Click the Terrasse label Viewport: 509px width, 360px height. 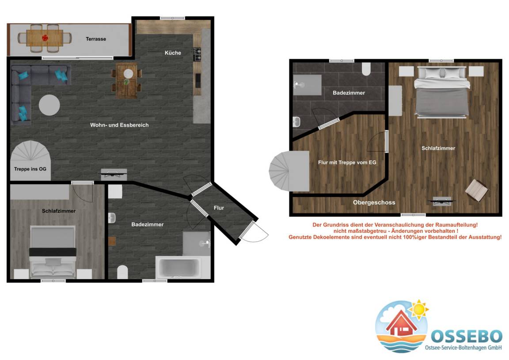pyautogui.click(x=96, y=39)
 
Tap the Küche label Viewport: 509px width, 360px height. pyautogui.click(x=173, y=53)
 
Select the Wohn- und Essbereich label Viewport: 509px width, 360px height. pyautogui.click(x=119, y=125)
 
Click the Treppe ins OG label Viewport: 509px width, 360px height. pyautogui.click(x=30, y=169)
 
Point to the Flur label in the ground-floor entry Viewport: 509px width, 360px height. pyautogui.click(x=219, y=208)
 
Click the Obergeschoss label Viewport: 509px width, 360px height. pyautogui.click(x=374, y=203)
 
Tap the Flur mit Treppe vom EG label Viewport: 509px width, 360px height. pyautogui.click(x=347, y=162)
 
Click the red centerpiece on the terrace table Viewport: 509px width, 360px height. pyautogui.click(x=45, y=38)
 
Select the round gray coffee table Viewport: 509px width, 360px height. pyautogui.click(x=49, y=105)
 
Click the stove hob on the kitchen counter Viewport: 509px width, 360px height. pyautogui.click(x=197, y=54)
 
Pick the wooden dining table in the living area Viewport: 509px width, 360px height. pyautogui.click(x=127, y=81)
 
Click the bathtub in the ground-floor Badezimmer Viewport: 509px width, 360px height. pyautogui.click(x=178, y=268)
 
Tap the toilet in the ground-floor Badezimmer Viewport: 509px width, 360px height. pyautogui.click(x=122, y=272)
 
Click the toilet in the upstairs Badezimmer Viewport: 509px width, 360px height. pyautogui.click(x=366, y=69)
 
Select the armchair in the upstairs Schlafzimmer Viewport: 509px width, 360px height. pyautogui.click(x=476, y=190)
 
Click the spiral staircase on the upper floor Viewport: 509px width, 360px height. pyautogui.click(x=289, y=171)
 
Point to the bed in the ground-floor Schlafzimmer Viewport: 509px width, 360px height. pyautogui.click(x=53, y=252)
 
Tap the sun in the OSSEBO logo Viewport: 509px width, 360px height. pyautogui.click(x=418, y=309)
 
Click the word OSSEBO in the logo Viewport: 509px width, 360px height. pyautogui.click(x=467, y=336)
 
